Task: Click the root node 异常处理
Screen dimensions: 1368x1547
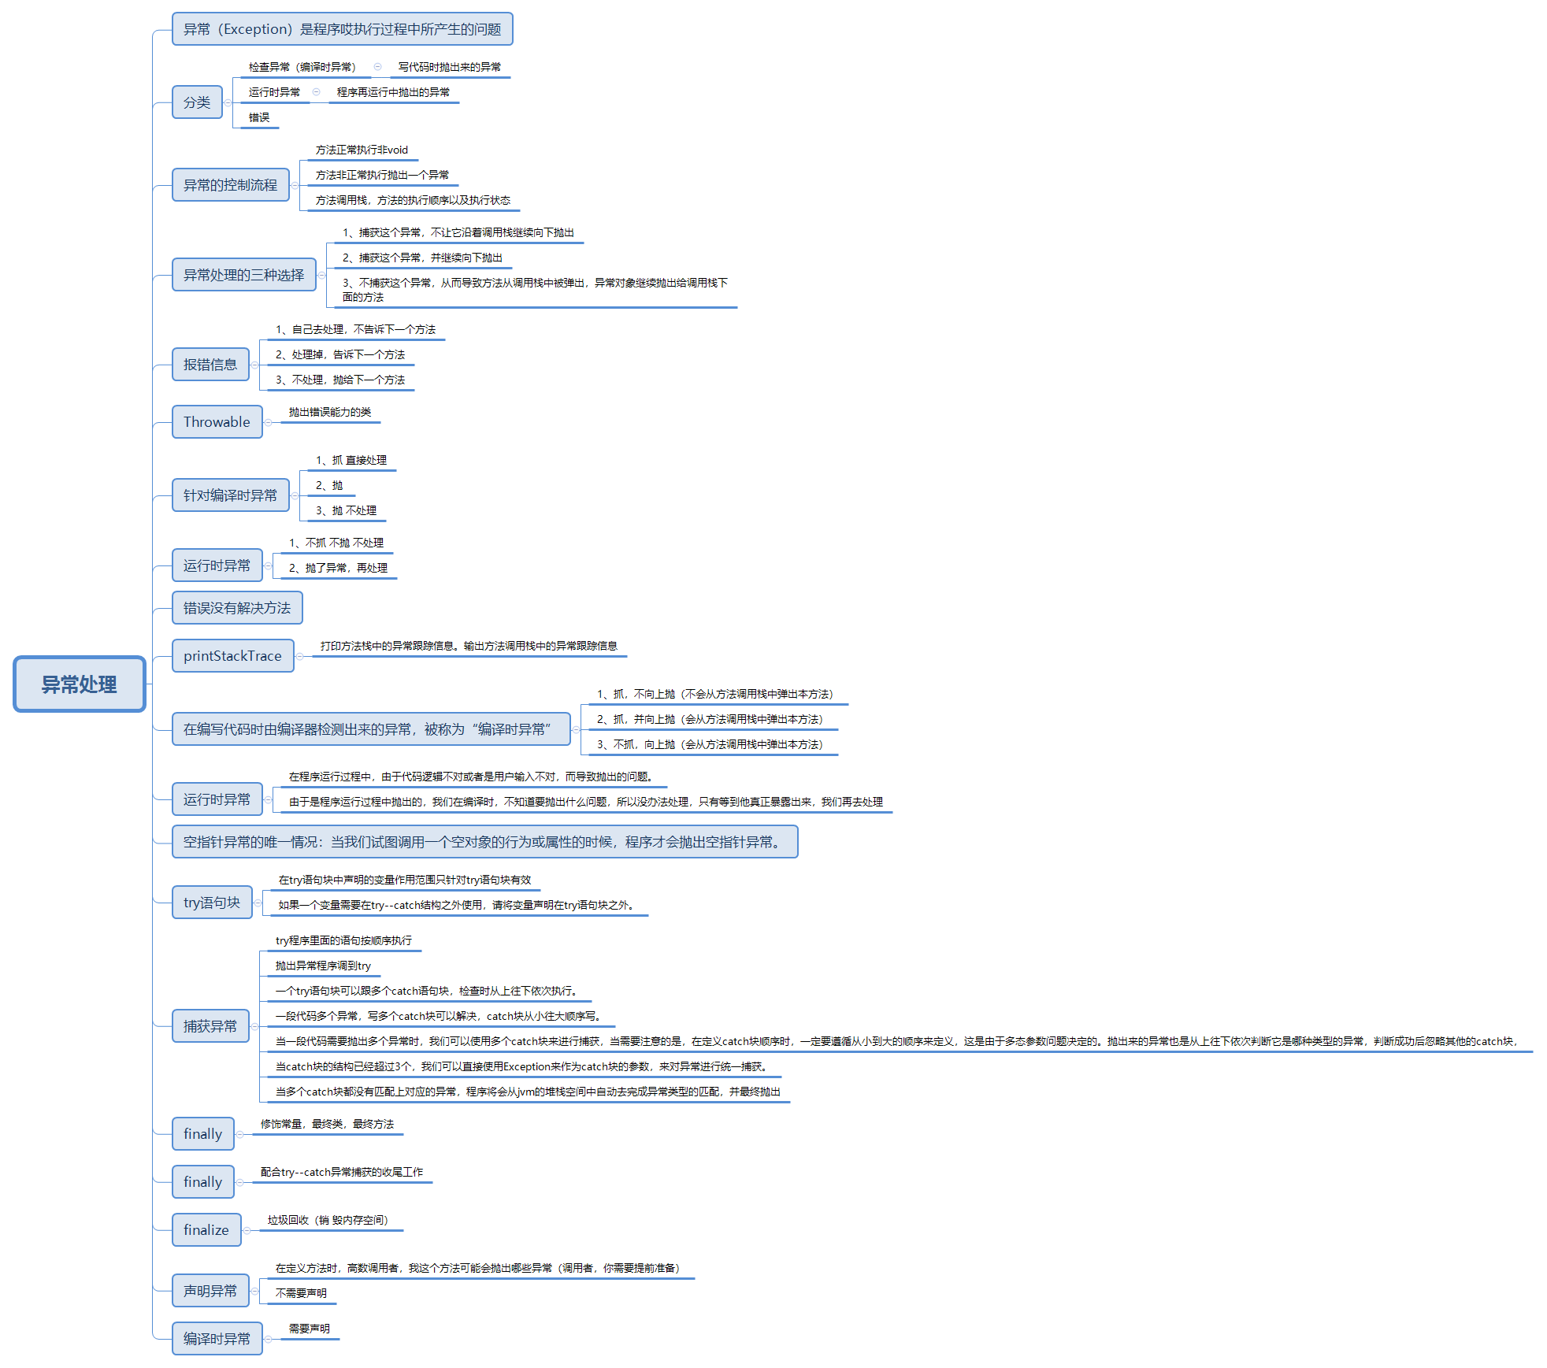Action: pos(79,684)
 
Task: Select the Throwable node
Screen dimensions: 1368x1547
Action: pos(217,422)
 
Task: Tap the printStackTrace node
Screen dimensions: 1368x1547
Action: pos(232,656)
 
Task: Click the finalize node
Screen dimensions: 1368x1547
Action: pos(206,1230)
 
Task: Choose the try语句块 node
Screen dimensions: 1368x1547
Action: pos(212,903)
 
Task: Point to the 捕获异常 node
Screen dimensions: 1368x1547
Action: pos(210,1026)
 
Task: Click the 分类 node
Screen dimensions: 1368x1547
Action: pos(197,102)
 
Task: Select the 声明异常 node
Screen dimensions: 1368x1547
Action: pos(210,1291)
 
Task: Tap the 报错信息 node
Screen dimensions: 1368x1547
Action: pos(210,365)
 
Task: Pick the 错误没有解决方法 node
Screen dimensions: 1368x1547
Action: pos(237,608)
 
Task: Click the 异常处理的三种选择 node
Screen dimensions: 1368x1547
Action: pos(243,275)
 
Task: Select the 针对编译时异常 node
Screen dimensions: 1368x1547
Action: pos(230,495)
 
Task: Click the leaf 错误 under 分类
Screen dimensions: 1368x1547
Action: pos(259,117)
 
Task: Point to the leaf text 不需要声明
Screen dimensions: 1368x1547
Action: pos(301,1293)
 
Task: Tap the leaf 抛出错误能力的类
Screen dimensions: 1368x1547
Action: pos(330,412)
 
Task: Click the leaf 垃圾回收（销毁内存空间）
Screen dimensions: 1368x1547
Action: pos(328,1220)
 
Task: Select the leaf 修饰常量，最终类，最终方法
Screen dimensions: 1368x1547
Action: pos(328,1124)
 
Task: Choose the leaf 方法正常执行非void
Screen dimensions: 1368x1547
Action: pos(362,150)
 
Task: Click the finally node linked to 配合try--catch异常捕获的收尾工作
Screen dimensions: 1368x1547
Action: pos(202,1182)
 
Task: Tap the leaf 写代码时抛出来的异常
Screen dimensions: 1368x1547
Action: pos(450,67)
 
